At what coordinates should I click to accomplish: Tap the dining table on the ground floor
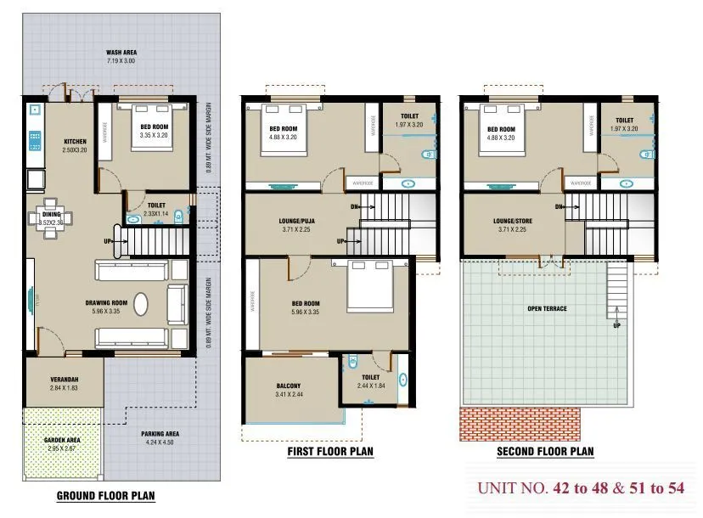[52, 215]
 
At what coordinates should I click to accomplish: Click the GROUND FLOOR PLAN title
[105, 495]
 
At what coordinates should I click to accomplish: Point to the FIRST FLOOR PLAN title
[330, 452]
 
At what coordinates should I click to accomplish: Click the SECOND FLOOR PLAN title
[545, 452]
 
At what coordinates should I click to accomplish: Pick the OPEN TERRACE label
[547, 308]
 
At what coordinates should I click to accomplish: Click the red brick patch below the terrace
[520, 424]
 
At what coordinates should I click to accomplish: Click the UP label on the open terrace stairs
[616, 325]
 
